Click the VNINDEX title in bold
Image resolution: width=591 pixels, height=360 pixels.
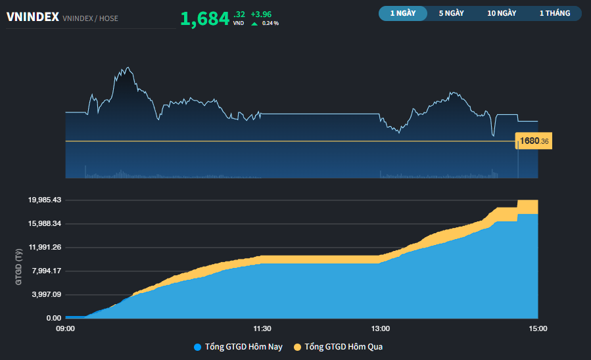(33, 18)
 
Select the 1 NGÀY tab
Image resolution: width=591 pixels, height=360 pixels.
(402, 13)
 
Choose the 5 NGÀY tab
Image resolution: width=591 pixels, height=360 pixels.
(452, 13)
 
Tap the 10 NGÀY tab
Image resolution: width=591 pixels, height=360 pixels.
(502, 13)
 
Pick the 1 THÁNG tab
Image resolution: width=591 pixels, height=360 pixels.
(554, 13)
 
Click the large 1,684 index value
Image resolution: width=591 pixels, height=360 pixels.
(204, 19)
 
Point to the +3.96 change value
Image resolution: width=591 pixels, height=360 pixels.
(261, 14)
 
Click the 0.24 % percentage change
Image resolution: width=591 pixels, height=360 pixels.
(270, 24)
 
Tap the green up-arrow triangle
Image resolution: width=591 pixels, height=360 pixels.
(254, 24)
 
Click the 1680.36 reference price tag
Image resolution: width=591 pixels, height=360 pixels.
(534, 141)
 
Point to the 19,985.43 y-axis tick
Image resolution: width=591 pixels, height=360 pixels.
(45, 200)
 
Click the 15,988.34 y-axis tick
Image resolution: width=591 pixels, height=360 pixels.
(45, 223)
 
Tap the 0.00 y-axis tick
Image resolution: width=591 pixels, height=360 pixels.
(53, 318)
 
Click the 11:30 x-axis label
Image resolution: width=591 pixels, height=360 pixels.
(262, 328)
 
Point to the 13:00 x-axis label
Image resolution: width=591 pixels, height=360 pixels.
(381, 328)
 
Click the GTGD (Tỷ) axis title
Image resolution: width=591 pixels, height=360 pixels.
(20, 265)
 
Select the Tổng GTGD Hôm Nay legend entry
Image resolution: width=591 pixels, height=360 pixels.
(238, 347)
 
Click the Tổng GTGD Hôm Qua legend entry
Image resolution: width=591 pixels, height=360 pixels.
(338, 347)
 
